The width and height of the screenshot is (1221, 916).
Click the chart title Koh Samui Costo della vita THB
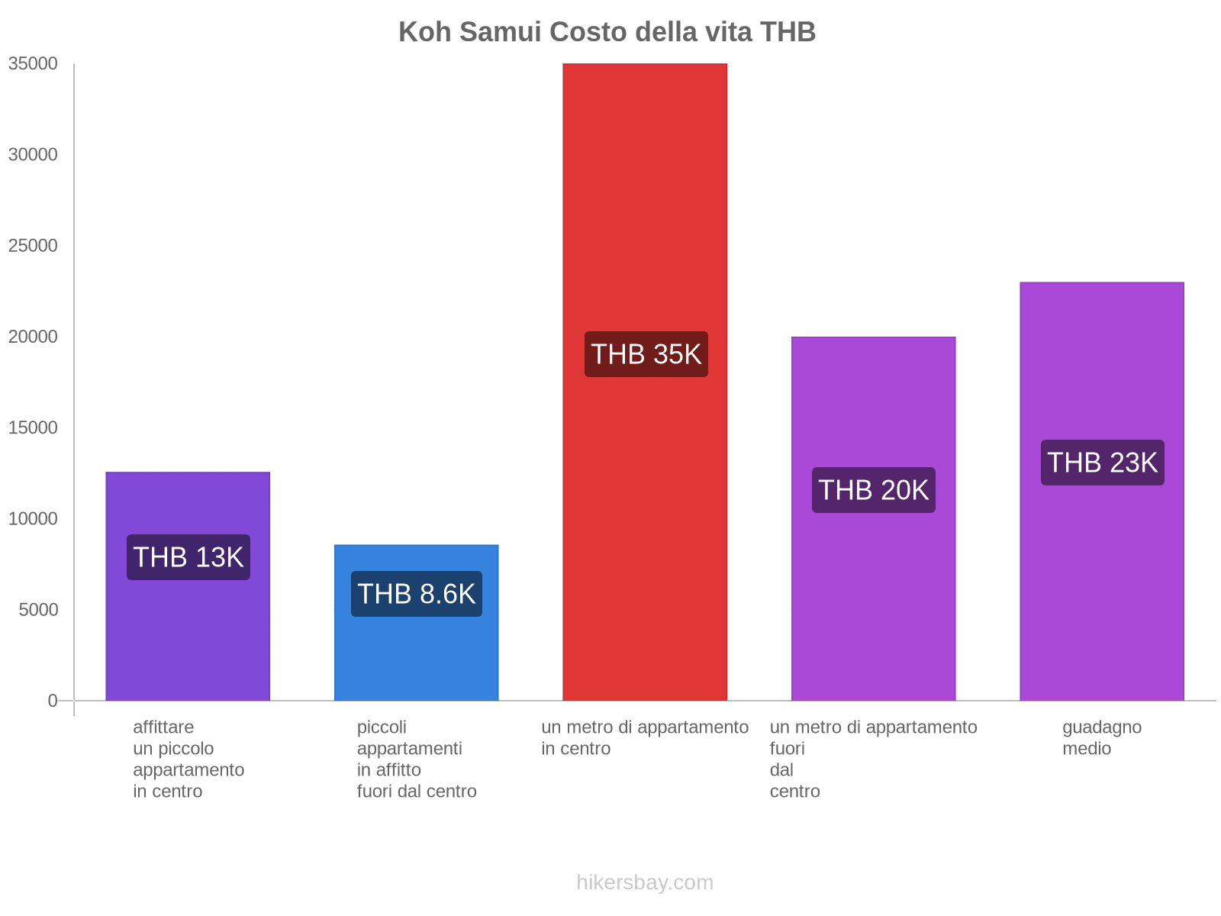(607, 32)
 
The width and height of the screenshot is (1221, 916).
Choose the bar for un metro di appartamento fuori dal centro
(873, 611)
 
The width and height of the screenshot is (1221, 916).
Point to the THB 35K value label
(646, 354)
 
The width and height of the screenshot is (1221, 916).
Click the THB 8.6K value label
(416, 594)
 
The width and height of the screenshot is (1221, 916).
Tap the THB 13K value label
(188, 557)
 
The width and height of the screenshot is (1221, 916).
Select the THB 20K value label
(873, 490)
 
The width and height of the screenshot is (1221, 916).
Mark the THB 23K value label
(1102, 463)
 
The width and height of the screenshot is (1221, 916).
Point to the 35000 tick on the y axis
(34, 64)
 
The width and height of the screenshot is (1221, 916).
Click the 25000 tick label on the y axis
(34, 246)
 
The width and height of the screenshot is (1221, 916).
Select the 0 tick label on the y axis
(53, 701)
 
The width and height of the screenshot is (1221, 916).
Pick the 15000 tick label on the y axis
(34, 427)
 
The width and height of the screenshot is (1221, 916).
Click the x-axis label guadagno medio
(1101, 737)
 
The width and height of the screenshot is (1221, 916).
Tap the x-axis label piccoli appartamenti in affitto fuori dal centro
(416, 759)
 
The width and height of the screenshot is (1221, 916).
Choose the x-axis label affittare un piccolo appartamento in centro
(188, 759)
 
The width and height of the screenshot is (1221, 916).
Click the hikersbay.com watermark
(645, 882)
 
